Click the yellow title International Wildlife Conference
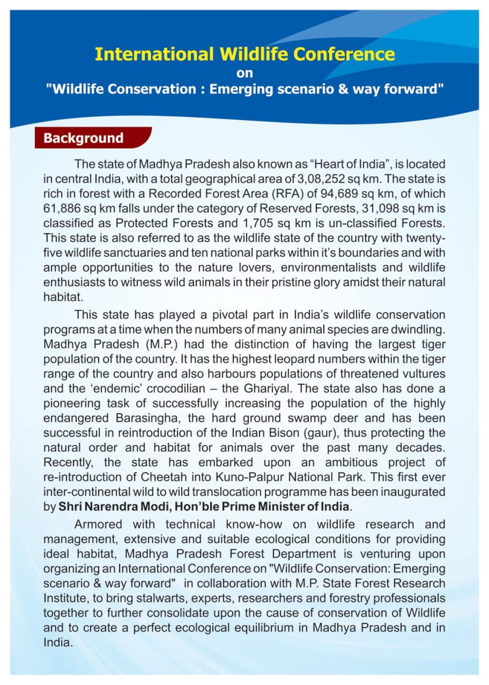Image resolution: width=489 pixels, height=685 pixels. (x=244, y=54)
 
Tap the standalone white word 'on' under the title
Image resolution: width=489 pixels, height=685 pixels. (x=244, y=73)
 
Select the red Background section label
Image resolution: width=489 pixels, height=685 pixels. (x=84, y=138)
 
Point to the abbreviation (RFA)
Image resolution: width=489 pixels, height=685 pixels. (x=287, y=194)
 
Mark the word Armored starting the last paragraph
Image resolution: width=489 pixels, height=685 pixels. (x=98, y=524)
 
